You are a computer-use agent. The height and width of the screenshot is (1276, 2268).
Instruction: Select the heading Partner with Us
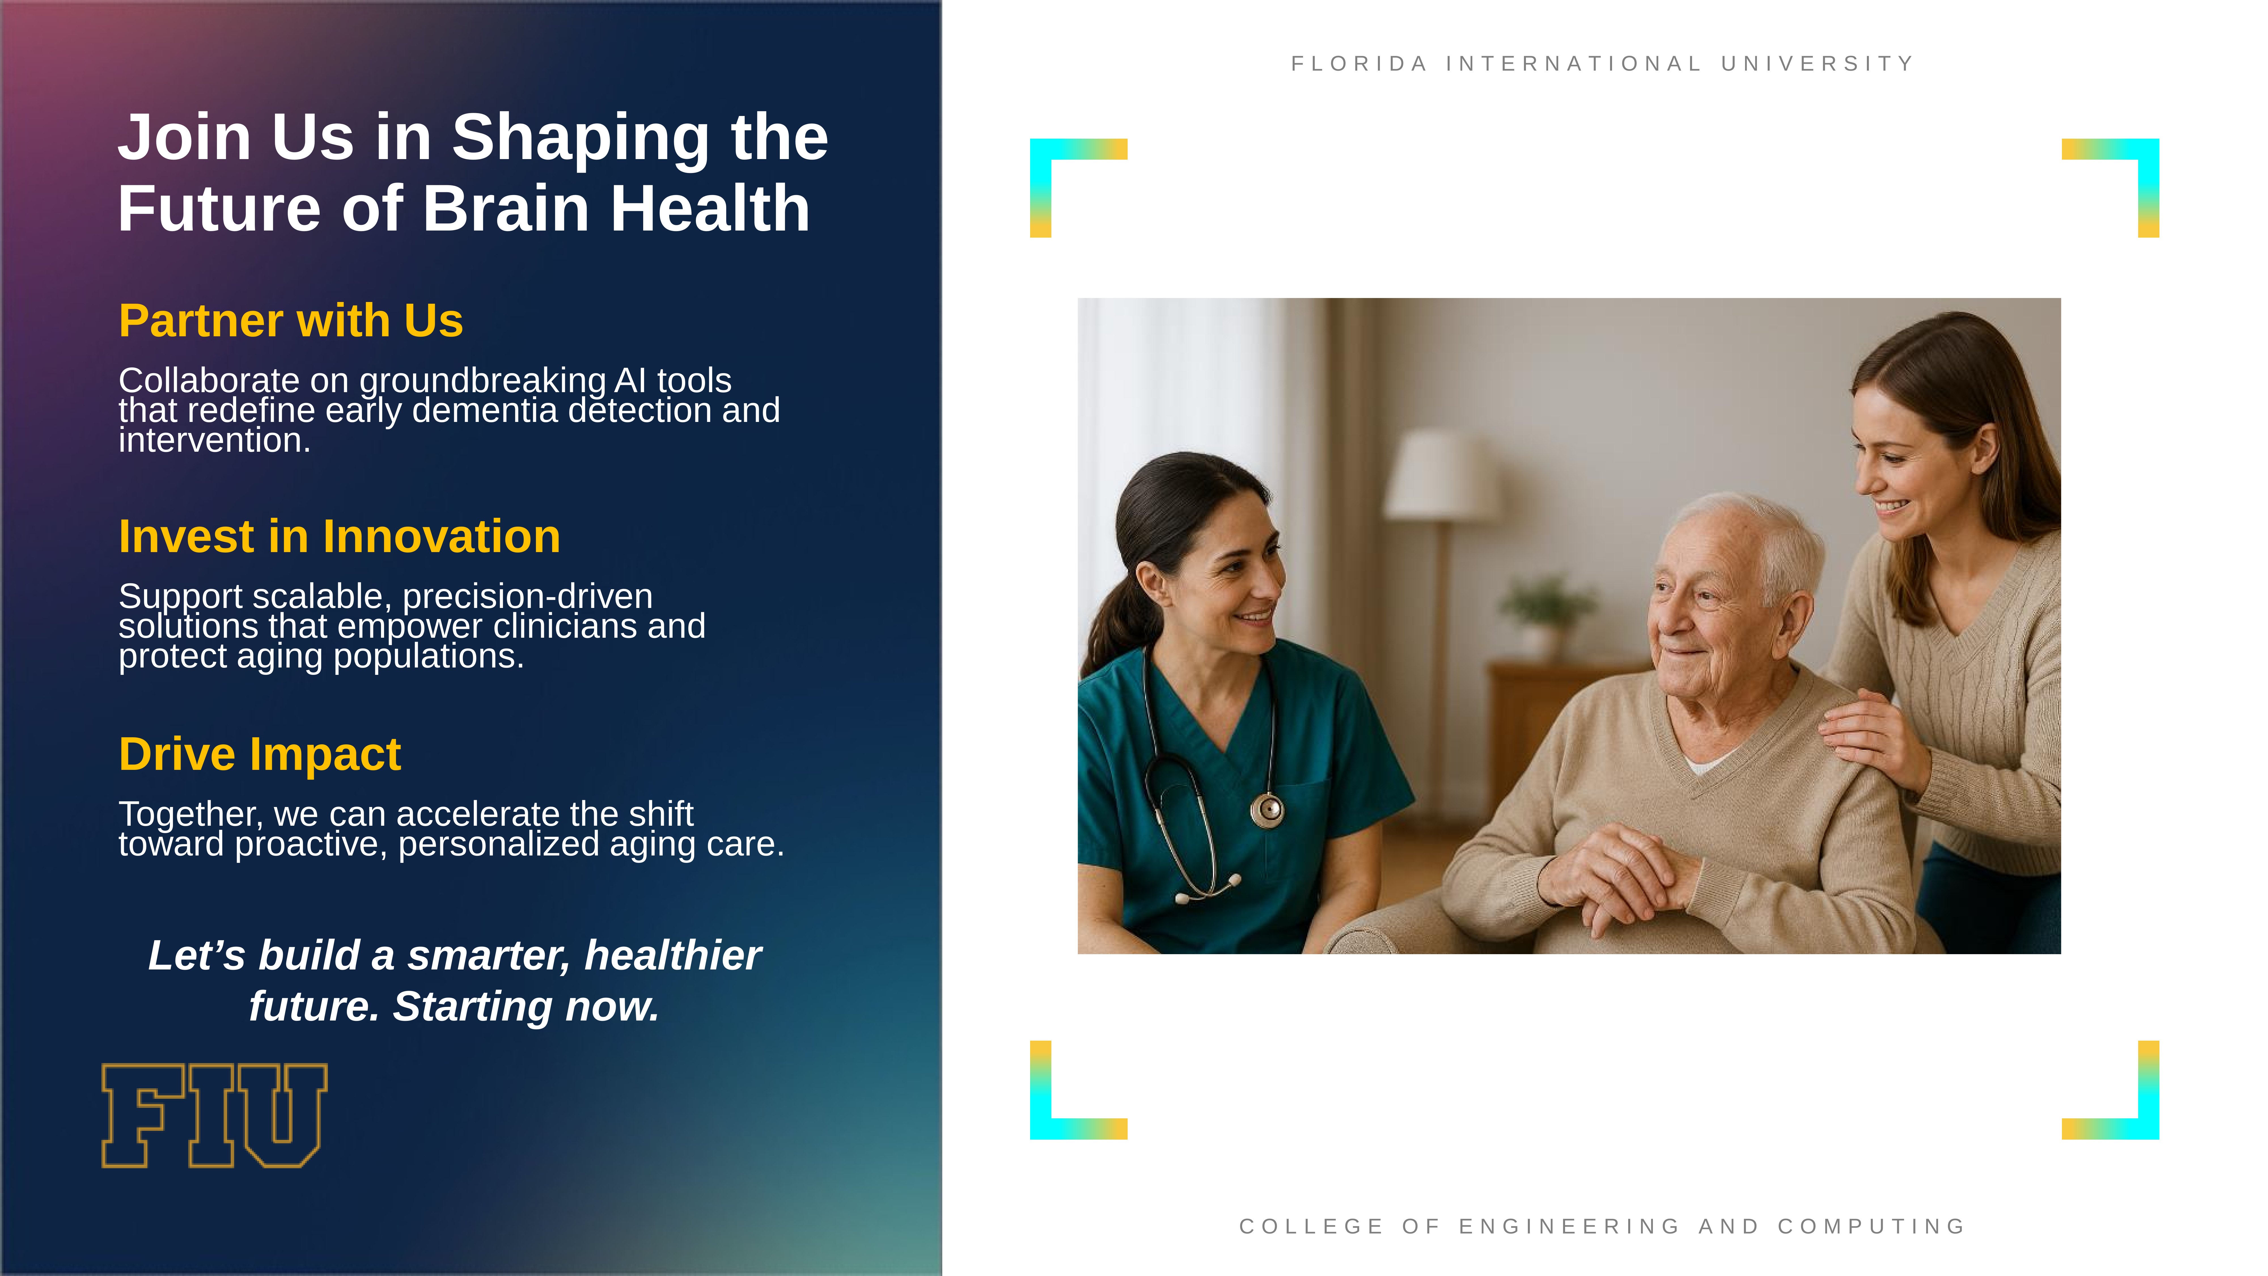pyautogui.click(x=291, y=320)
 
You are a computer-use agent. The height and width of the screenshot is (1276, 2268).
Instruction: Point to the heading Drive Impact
pyautogui.click(x=260, y=755)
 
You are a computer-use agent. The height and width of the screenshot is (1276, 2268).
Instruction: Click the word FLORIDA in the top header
pyautogui.click(x=1359, y=64)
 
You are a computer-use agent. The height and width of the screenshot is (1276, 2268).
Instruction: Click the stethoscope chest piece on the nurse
pyautogui.click(x=1267, y=808)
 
